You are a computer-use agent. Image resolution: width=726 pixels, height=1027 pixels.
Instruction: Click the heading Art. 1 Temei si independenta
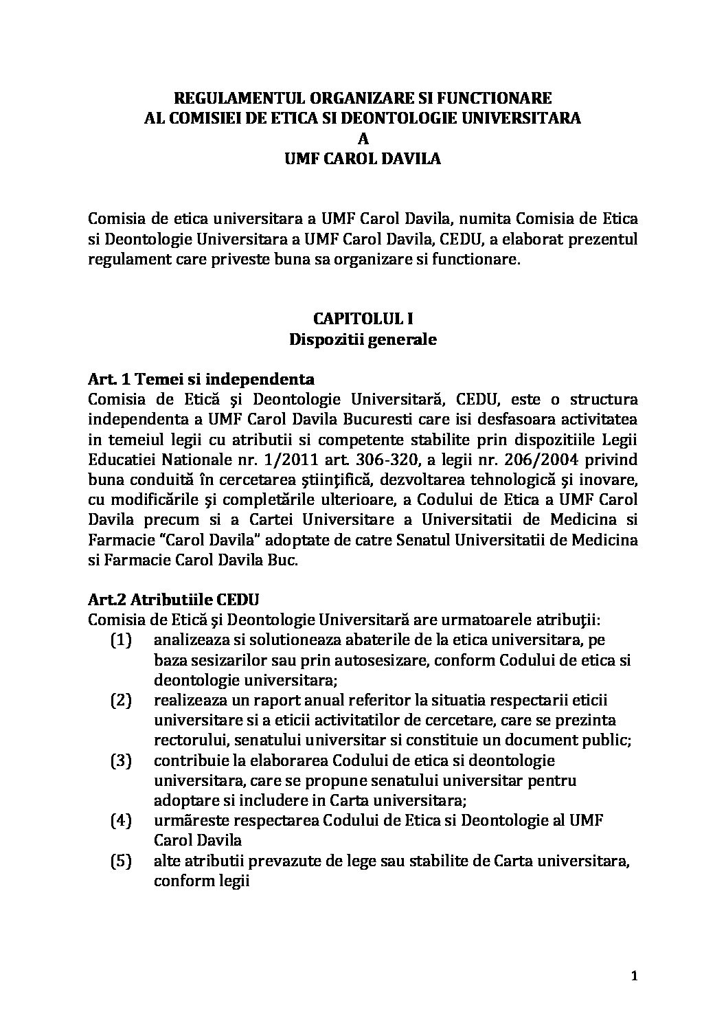(x=202, y=379)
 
